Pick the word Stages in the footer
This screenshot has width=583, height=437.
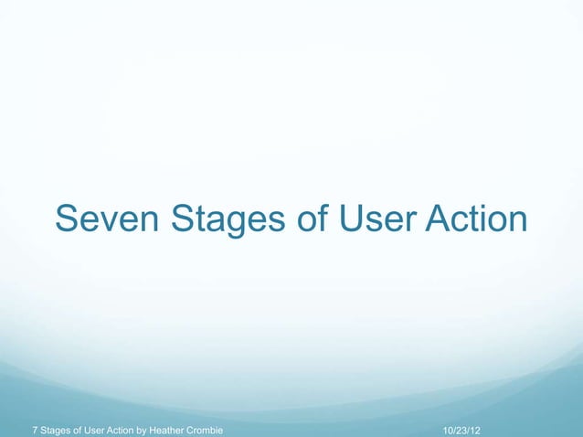point(56,429)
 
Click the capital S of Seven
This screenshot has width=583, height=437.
point(67,220)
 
